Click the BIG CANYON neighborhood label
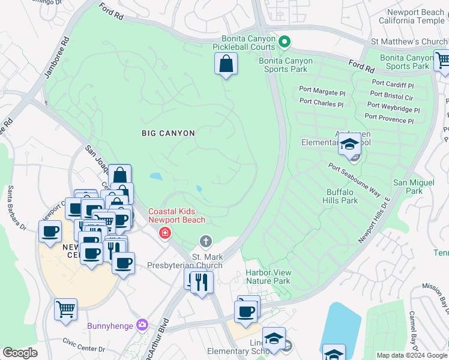tap(168, 132)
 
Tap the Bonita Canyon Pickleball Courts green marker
tap(285, 41)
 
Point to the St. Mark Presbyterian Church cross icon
tap(206, 241)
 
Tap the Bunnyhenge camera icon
tap(142, 325)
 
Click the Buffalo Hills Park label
tap(342, 196)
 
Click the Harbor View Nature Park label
tap(268, 277)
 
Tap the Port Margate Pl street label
tap(322, 93)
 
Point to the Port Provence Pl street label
tap(389, 119)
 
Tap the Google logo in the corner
tap(20, 353)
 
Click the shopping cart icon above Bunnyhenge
tap(66, 310)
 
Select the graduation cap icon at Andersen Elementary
tap(349, 144)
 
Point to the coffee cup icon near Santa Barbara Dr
tap(50, 231)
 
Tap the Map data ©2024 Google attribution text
tap(411, 355)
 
